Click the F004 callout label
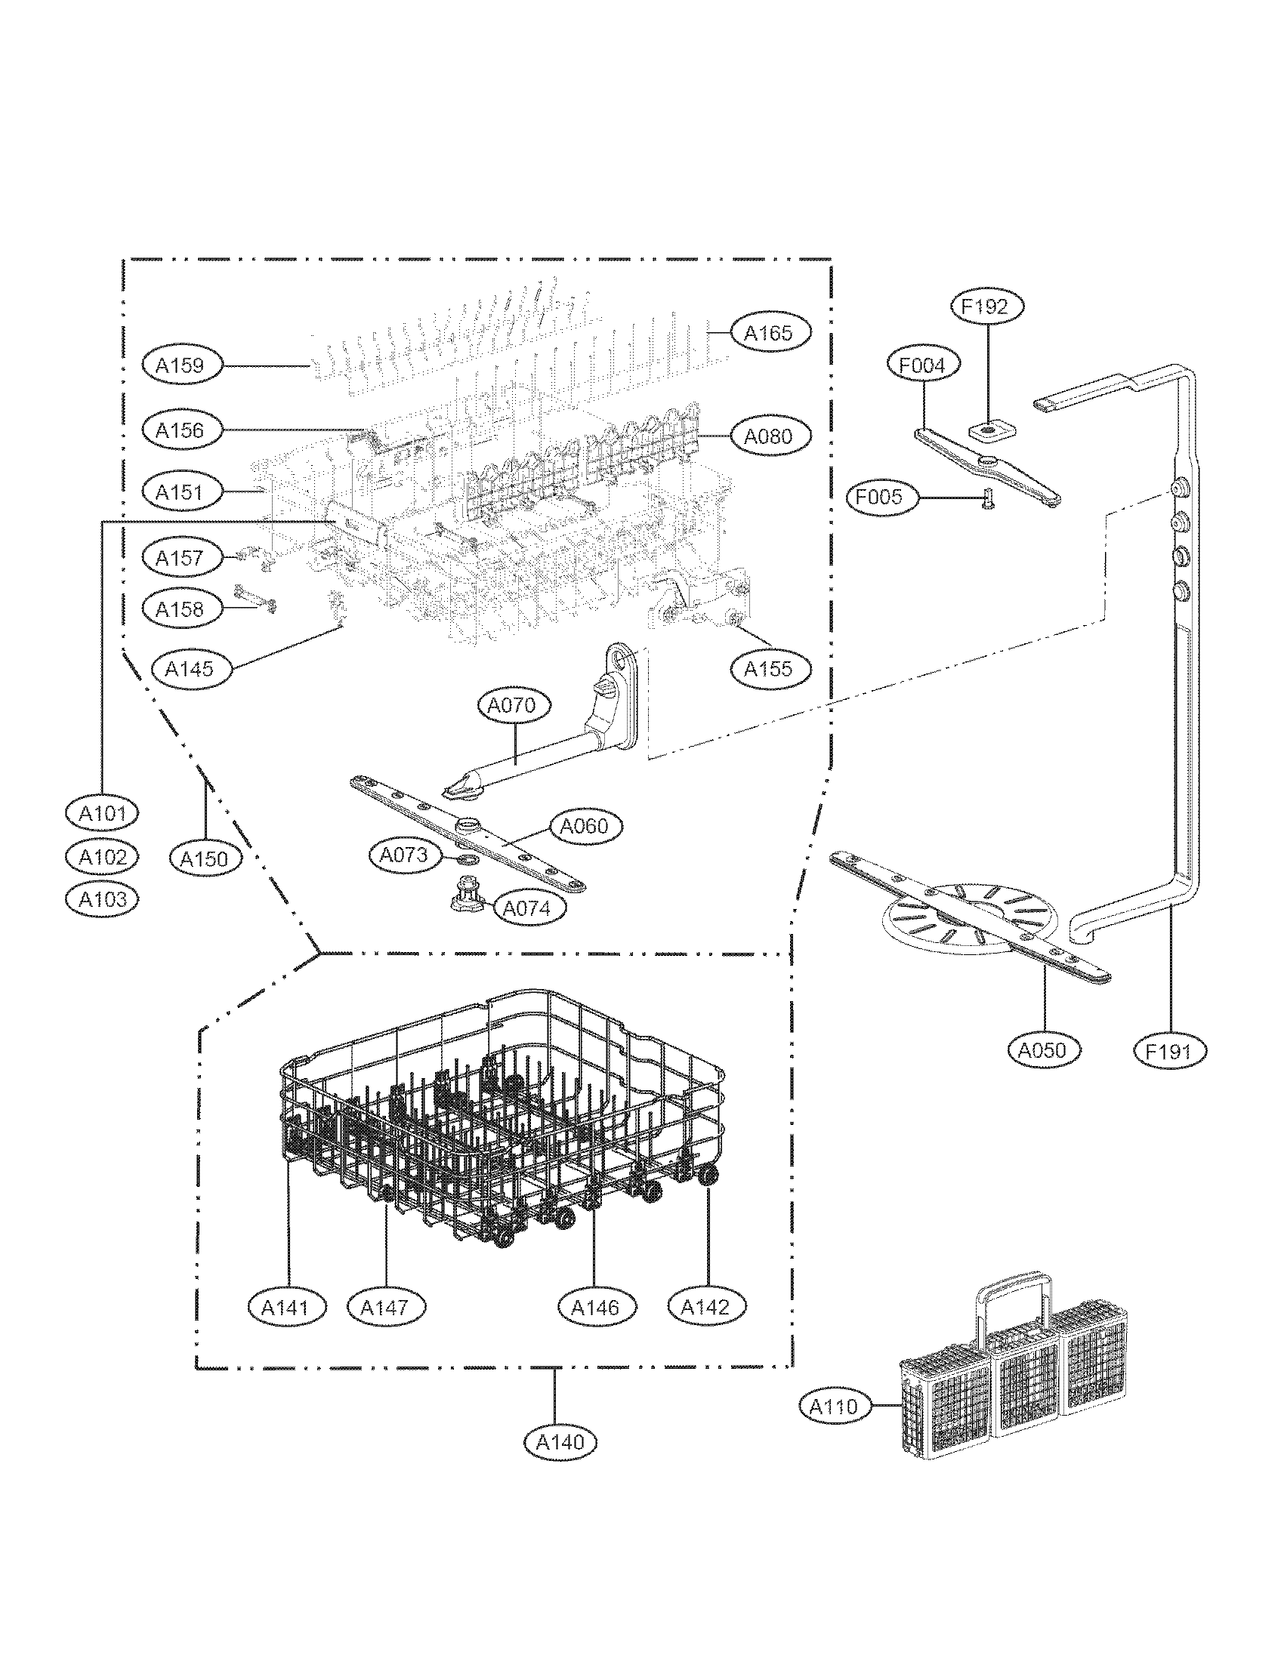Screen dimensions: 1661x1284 pos(923,365)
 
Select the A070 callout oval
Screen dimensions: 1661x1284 pos(512,705)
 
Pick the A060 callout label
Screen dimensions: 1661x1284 pos(584,825)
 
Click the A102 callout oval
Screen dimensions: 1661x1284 pos(102,857)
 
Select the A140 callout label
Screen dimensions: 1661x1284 pos(560,1441)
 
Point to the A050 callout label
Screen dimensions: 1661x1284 pos(1042,1050)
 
